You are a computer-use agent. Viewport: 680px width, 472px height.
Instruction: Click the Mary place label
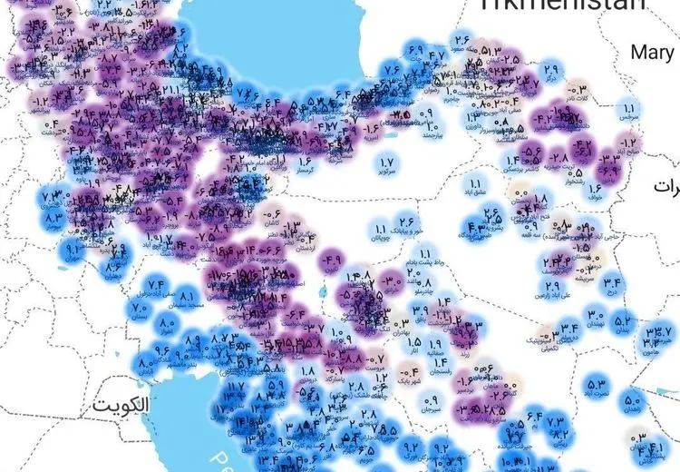[653, 53]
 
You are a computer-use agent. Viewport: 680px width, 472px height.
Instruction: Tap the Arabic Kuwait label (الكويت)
[120, 406]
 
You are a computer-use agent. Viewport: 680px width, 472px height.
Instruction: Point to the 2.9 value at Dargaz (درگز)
[551, 68]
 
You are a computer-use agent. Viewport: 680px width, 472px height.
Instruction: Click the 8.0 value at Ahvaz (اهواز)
[167, 324]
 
